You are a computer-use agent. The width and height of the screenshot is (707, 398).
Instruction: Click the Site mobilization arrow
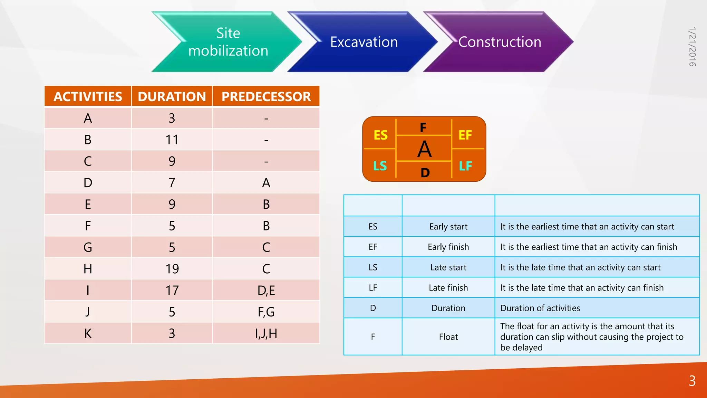(x=228, y=42)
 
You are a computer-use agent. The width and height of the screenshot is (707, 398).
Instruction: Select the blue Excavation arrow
(x=364, y=42)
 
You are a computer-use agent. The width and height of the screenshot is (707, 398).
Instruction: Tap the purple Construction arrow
(x=500, y=42)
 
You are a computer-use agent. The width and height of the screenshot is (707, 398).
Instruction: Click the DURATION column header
(x=172, y=96)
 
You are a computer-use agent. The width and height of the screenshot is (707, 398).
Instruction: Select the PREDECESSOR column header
(x=266, y=96)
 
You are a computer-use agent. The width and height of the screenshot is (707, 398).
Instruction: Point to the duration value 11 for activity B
(x=172, y=140)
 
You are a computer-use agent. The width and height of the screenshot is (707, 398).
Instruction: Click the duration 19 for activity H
(x=172, y=269)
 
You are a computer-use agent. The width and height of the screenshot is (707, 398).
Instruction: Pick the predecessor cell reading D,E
(x=266, y=291)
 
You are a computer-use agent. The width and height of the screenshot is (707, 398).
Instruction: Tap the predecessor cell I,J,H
(x=266, y=333)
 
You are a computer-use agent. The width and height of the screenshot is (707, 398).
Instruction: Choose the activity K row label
(x=88, y=333)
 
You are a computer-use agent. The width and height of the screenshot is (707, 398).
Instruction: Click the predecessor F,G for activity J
(x=266, y=312)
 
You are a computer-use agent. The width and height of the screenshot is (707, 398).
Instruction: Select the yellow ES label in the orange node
(x=380, y=135)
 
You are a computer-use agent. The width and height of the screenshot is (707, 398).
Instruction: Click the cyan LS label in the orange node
(x=380, y=166)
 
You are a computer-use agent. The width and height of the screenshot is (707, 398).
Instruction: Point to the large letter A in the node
(x=424, y=149)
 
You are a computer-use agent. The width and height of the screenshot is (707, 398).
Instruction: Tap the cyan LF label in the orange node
(x=465, y=166)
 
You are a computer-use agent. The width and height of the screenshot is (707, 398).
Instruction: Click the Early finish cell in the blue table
(x=448, y=247)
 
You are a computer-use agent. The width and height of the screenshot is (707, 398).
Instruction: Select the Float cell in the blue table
(x=448, y=337)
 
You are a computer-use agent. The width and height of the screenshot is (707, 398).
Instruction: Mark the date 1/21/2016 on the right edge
(x=692, y=47)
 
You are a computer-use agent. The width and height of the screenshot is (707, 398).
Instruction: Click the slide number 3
(x=692, y=381)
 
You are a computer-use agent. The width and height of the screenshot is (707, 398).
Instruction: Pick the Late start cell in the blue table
(x=448, y=267)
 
